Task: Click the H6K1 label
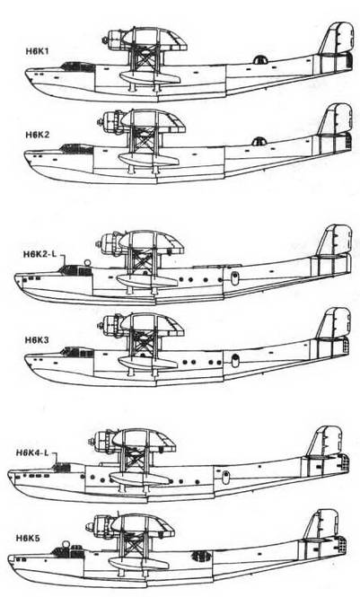[x=38, y=52]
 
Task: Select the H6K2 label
[x=38, y=135]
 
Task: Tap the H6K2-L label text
[x=40, y=254]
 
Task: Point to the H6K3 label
[x=37, y=339]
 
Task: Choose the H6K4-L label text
[x=32, y=452]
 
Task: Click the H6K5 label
[x=28, y=538]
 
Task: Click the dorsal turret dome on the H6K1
[x=260, y=59]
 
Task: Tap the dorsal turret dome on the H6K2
[x=259, y=141]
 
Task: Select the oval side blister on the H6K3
[x=235, y=360]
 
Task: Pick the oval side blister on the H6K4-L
[x=225, y=477]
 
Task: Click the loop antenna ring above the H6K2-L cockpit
[x=88, y=262]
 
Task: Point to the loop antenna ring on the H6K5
[x=66, y=543]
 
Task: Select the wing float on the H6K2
[x=149, y=158]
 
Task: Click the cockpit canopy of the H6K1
[x=78, y=66]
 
